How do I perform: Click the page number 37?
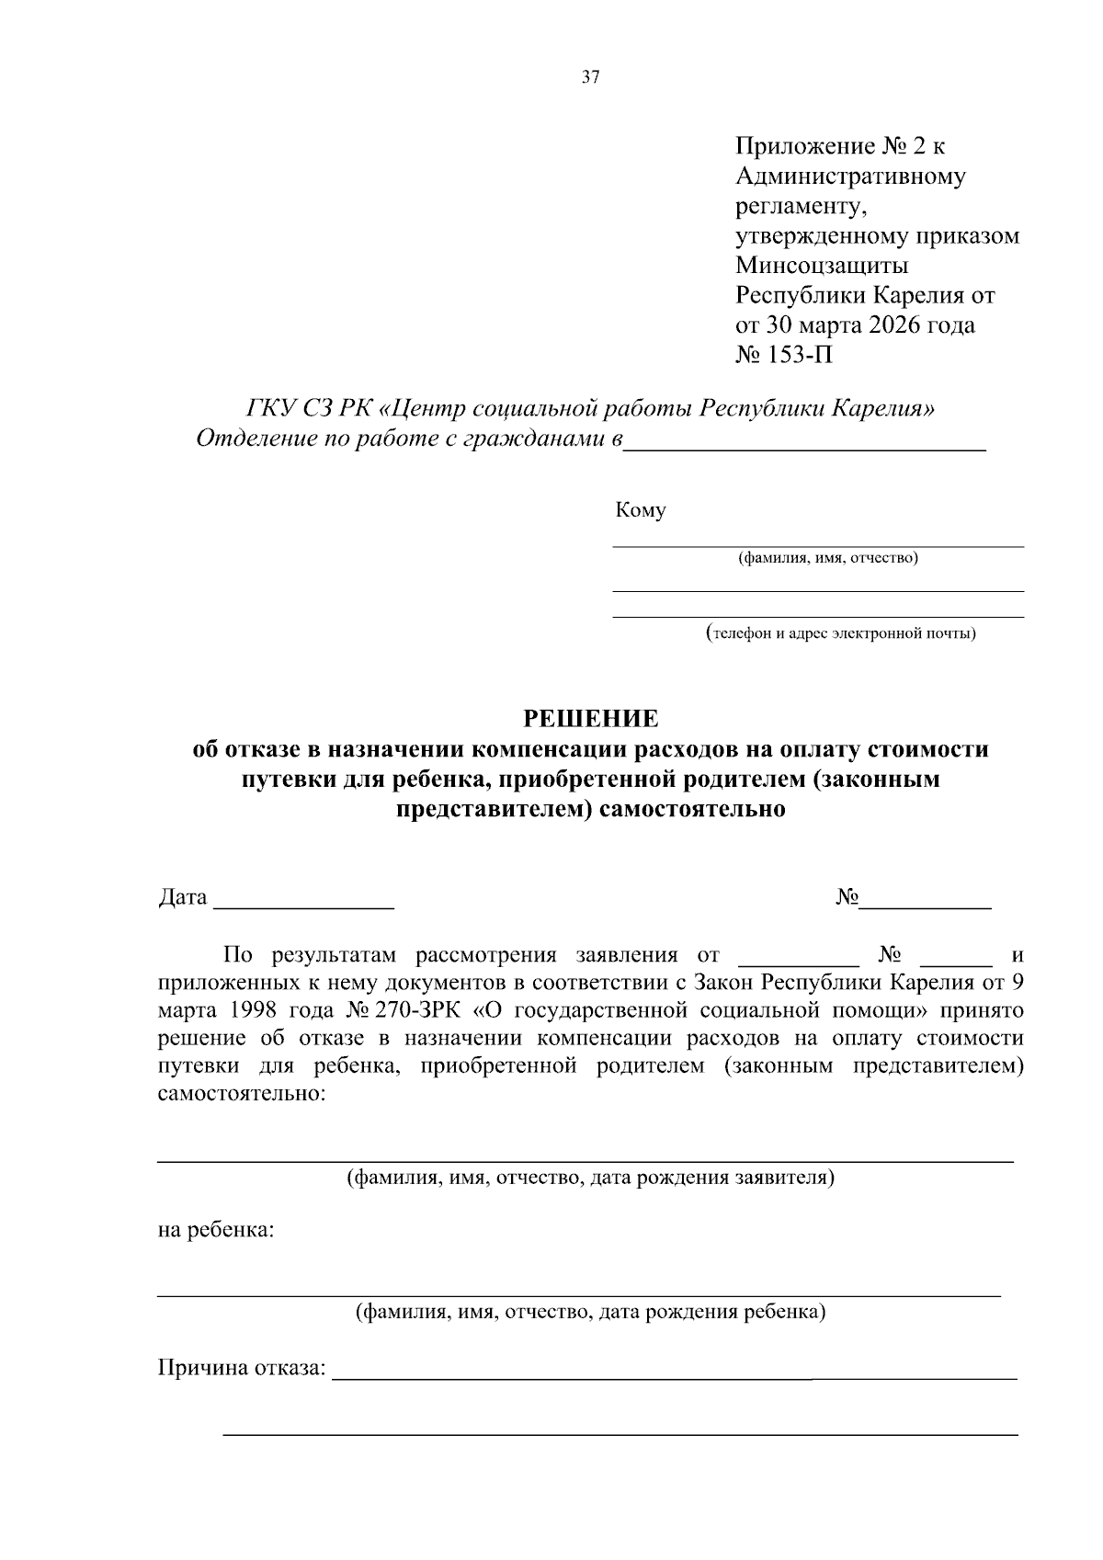coord(590,78)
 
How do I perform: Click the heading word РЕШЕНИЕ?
coord(590,718)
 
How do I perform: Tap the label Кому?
coord(641,510)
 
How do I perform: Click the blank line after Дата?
coord(303,905)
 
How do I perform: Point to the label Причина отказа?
coord(243,1369)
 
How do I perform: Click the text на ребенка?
coord(215,1230)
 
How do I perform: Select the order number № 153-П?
coord(784,355)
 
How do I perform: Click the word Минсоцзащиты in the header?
coord(822,266)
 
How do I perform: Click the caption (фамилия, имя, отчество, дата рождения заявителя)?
coord(589,1178)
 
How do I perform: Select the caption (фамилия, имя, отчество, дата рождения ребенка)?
coord(590,1312)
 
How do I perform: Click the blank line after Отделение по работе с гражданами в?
coord(804,448)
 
